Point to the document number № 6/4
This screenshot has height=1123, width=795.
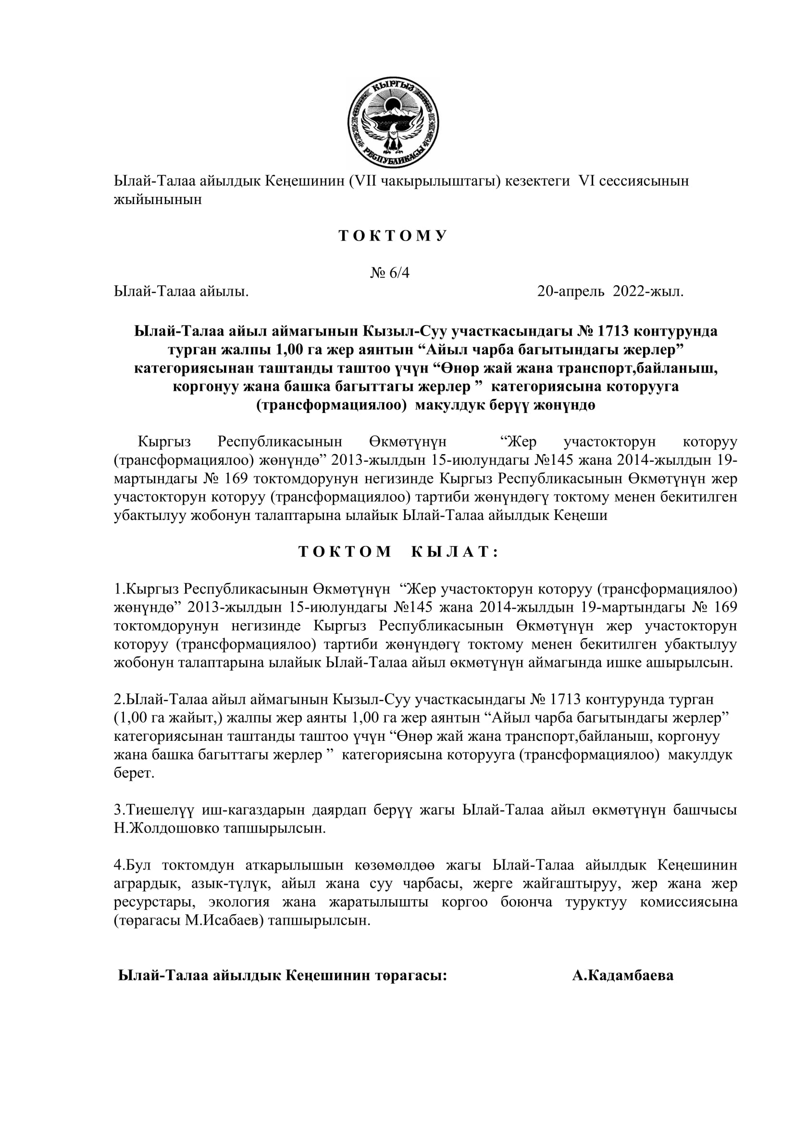tap(390, 273)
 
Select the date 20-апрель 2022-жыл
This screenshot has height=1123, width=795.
tap(610, 292)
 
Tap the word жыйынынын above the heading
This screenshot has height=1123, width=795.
tap(158, 200)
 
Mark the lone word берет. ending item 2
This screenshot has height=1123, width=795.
tap(134, 774)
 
